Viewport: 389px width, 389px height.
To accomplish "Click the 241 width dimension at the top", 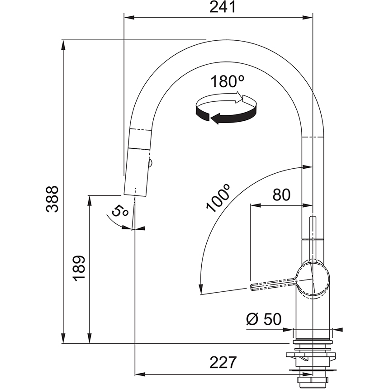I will (x=223, y=8).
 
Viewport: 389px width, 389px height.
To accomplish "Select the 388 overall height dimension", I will (x=53, y=199).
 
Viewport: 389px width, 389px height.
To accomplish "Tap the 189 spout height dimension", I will (x=80, y=268).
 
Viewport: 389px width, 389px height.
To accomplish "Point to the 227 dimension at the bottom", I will (x=223, y=363).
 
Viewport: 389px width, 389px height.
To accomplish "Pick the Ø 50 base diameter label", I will (x=264, y=319).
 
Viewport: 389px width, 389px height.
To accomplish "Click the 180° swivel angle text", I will (x=228, y=81).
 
